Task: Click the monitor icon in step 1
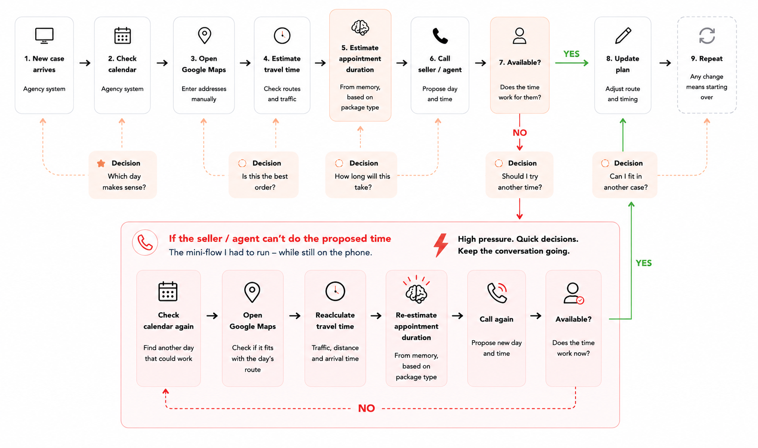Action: coord(44,36)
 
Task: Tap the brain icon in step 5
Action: coord(360,28)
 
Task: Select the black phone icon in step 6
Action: coord(440,36)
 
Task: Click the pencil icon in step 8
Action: coord(623,36)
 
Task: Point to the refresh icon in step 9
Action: coord(707,36)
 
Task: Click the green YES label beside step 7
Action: coord(571,54)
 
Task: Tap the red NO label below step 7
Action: coord(520,133)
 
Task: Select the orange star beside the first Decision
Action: coord(101,164)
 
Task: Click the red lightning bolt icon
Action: coord(441,245)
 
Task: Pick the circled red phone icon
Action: coord(145,243)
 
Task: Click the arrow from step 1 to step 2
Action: coord(85,63)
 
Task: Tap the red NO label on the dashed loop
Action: coord(366,408)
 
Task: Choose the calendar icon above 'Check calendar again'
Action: coord(168,291)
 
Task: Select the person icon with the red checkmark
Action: coord(573,293)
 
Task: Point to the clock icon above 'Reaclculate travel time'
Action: coord(335,291)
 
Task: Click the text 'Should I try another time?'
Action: coord(520,182)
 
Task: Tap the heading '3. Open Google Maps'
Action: coord(204,64)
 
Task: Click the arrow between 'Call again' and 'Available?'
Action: coord(536,316)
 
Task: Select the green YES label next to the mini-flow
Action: coord(644,263)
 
